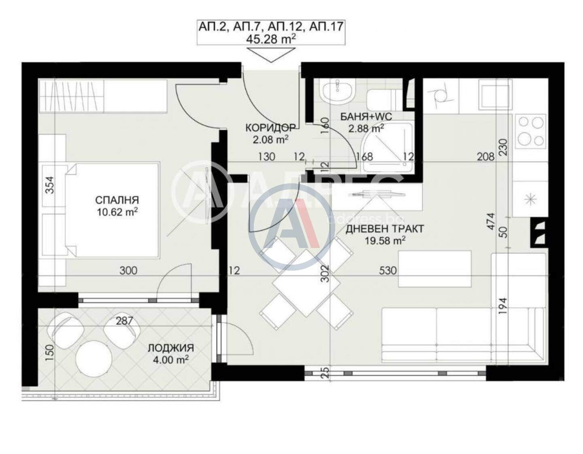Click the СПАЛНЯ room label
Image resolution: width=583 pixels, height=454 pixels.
tap(117, 200)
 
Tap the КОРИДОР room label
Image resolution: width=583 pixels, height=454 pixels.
tap(270, 127)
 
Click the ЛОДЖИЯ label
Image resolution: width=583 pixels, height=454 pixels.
tap(170, 348)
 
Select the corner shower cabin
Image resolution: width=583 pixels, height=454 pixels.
tap(387, 148)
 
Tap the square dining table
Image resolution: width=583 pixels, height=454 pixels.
tap(306, 283)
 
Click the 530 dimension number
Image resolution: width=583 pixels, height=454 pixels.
tap(388, 271)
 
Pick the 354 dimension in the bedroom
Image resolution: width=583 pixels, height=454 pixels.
tap(51, 185)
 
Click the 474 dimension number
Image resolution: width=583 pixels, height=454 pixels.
tap(490, 221)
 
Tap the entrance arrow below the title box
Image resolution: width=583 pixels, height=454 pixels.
tap(271, 55)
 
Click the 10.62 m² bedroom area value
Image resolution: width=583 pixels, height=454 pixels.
tap(117, 212)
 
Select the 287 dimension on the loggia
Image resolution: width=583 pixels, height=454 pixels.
tap(124, 321)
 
